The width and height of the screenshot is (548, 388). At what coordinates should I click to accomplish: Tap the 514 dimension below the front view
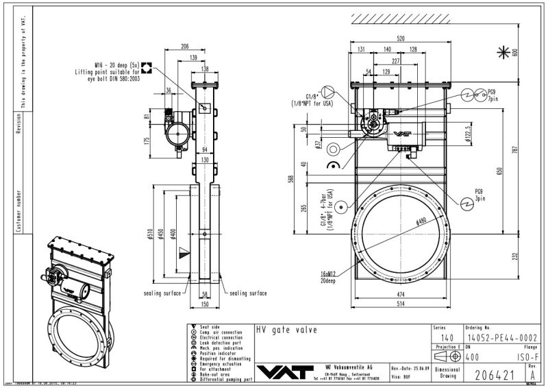399,304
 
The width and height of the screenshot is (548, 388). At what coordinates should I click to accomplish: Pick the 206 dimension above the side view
185,47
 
